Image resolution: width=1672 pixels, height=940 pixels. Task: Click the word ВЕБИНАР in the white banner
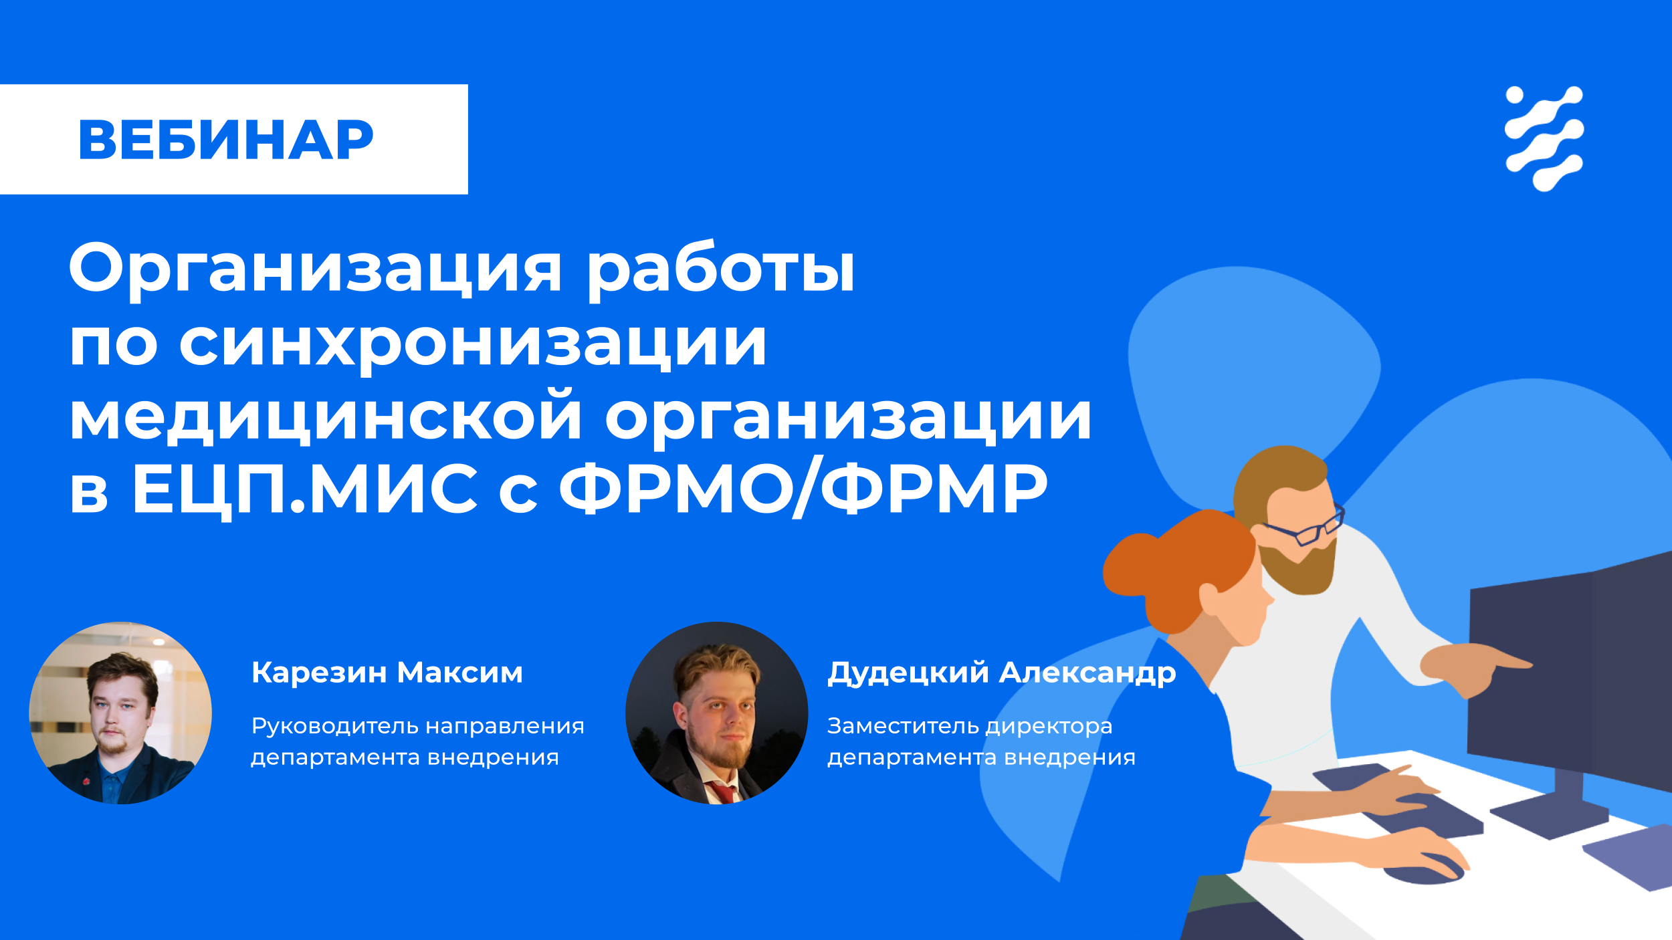pos(226,140)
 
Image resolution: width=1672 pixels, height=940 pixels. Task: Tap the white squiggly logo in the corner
pos(1544,138)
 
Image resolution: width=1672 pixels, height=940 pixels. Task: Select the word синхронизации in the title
pos(472,344)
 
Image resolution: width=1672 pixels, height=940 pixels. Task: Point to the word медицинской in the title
pos(326,415)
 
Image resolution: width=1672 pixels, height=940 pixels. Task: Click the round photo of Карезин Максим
pos(120,713)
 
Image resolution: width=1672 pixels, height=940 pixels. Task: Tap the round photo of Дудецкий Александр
pos(716,713)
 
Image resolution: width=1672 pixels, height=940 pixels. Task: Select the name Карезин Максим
pos(387,673)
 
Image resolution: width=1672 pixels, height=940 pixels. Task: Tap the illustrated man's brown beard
pos(1297,565)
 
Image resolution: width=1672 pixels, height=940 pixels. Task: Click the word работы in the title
pos(721,270)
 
